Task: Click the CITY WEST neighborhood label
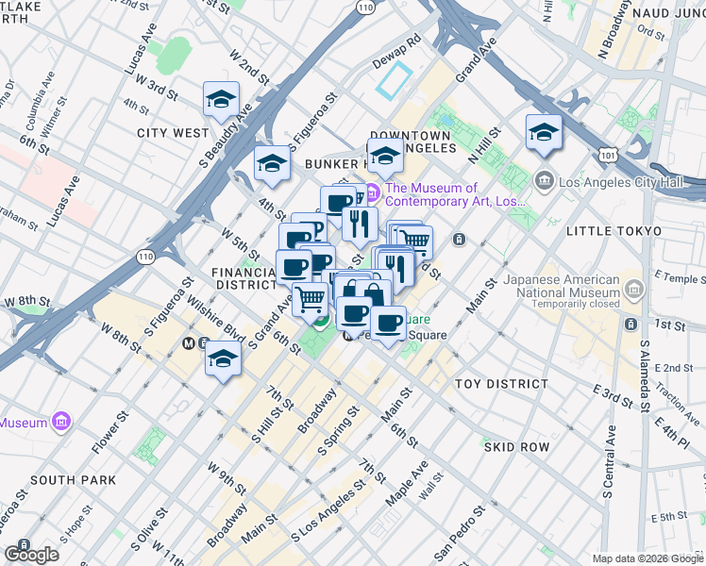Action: (x=172, y=133)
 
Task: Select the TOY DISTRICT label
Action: (x=501, y=384)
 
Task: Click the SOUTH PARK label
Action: (x=72, y=480)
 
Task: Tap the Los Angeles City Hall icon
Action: (x=544, y=179)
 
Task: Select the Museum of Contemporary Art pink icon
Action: (x=372, y=193)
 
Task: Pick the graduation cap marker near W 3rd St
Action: (x=220, y=99)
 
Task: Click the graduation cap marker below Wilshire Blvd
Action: (x=222, y=359)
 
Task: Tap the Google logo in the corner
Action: (x=32, y=555)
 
